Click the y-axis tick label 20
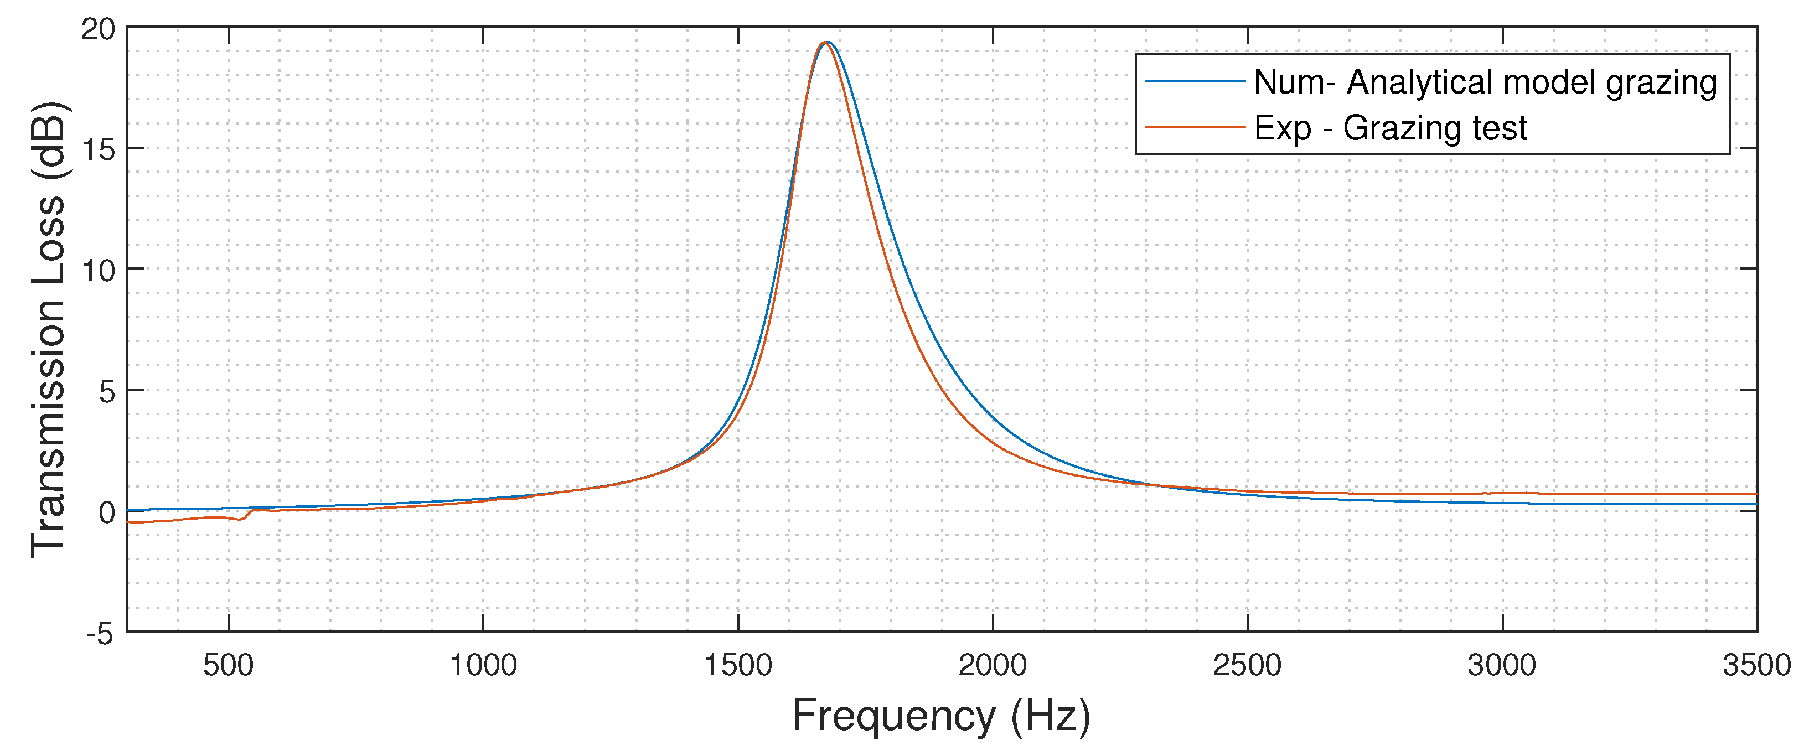[97, 29]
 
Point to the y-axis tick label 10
[97, 271]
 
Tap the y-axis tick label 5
[106, 391]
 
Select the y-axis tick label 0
[106, 512]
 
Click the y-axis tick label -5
[100, 634]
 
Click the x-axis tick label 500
[228, 665]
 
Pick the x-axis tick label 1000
[483, 665]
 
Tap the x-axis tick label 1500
[737, 665]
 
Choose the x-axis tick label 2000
[993, 665]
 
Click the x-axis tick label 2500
[1247, 665]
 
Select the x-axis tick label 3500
[1756, 665]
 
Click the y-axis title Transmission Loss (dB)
[49, 329]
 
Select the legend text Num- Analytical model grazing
[1485, 82]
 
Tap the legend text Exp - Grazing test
[1390, 127]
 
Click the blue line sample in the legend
[1195, 82]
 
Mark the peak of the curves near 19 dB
[826, 43]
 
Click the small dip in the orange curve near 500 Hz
[240, 519]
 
